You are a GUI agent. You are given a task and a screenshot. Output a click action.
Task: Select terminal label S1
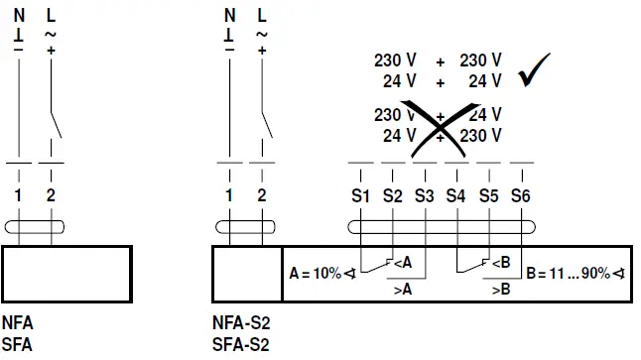point(360,196)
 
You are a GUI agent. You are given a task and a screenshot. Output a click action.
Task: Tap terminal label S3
point(425,196)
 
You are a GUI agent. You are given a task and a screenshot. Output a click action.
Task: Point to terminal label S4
point(455,196)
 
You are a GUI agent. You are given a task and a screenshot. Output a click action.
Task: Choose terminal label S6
point(521,196)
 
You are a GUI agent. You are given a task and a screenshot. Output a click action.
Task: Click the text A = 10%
point(317,272)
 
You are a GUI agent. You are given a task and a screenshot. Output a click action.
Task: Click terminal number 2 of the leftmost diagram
point(51,196)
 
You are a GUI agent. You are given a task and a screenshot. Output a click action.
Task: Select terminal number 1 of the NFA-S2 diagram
point(230,196)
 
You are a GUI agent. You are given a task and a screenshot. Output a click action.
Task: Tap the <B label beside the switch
point(502,263)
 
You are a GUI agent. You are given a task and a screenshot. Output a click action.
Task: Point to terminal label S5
point(488,196)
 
